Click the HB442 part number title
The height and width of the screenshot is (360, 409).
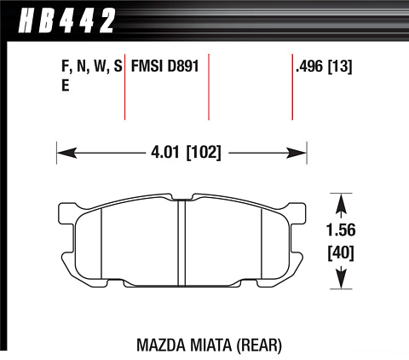pyautogui.click(x=67, y=20)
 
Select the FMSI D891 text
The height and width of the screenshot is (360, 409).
pyautogui.click(x=164, y=67)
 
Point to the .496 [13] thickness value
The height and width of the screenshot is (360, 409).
pyautogui.click(x=324, y=67)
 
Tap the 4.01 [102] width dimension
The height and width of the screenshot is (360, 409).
pyautogui.click(x=186, y=153)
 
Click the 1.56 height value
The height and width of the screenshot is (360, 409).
pyautogui.click(x=341, y=230)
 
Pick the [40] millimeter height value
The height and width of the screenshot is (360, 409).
pyautogui.click(x=341, y=253)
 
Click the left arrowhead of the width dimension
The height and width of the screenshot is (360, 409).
pyautogui.click(x=67, y=153)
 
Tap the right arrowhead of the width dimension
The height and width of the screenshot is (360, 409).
pyautogui.click(x=297, y=153)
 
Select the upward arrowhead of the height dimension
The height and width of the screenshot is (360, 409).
pyautogui.click(x=341, y=204)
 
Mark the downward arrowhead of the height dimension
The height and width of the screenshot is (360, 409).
pyautogui.click(x=341, y=279)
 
